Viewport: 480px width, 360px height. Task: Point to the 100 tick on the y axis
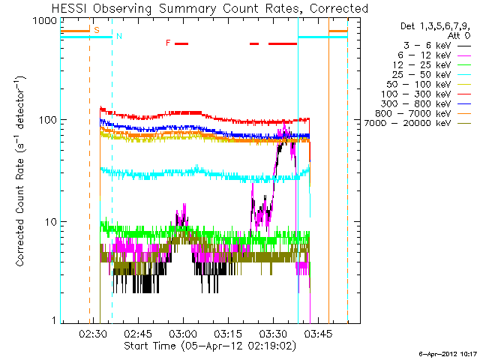click(49, 120)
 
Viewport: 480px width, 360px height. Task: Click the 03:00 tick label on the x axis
click(183, 334)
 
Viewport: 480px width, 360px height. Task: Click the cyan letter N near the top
click(118, 36)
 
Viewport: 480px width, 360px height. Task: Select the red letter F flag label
click(168, 43)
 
